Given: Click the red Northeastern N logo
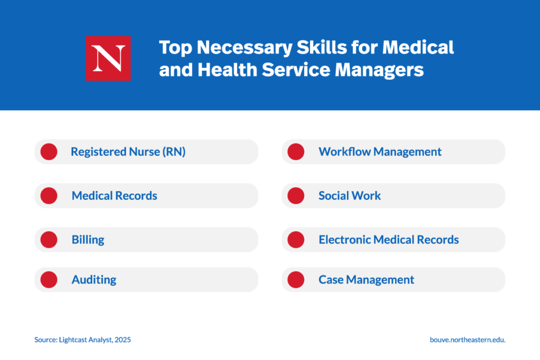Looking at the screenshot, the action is coord(108,59).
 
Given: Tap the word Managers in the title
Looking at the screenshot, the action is coord(379,70).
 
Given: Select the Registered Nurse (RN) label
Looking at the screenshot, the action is coord(128,152).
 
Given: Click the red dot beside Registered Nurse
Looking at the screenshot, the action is coord(49,152).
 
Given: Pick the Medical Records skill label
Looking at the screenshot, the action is coord(114,196).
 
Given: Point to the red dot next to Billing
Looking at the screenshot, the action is coord(49,240).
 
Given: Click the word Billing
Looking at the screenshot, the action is coord(88,240).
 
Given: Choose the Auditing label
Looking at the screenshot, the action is coord(94,280).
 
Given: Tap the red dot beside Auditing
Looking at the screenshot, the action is coord(49,280).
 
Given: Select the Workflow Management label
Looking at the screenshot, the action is coord(380,152).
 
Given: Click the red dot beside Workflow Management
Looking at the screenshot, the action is coord(296,152).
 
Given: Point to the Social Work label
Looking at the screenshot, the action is coord(350,196).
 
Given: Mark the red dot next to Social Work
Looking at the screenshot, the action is coord(296,196).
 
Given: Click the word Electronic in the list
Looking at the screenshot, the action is coord(345,240).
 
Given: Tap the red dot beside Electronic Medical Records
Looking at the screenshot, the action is coord(296,240).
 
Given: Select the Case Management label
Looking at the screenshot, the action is coord(367,280).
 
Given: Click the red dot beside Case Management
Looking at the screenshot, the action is coord(296,280).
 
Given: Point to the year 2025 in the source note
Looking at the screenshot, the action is coord(123,340).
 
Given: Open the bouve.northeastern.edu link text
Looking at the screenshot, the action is coord(468,340).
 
